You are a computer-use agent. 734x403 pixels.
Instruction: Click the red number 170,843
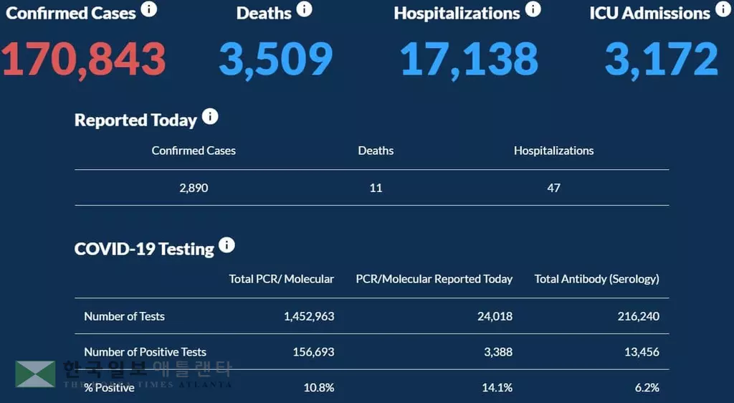tap(84, 60)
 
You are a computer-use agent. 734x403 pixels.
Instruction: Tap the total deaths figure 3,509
tap(275, 60)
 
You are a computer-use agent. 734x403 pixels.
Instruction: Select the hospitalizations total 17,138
tap(469, 60)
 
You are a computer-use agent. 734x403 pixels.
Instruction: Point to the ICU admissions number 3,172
tap(661, 60)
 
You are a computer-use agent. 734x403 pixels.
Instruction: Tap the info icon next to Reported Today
tap(210, 117)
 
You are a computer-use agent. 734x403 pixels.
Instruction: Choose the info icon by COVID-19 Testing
tap(227, 245)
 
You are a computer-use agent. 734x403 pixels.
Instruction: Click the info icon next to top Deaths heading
tap(305, 9)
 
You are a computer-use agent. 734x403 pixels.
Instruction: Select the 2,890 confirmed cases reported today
tap(194, 188)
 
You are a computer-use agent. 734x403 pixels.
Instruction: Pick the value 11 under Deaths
tap(376, 188)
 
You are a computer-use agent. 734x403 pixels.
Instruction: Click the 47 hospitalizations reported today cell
tap(553, 188)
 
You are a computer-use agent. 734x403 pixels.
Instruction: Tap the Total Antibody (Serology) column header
tap(596, 279)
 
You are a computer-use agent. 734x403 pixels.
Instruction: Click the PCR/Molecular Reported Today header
tap(434, 279)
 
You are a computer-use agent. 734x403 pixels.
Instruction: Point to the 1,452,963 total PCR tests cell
tap(309, 316)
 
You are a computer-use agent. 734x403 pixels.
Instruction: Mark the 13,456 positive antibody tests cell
tap(640, 352)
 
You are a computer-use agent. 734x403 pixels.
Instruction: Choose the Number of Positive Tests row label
tap(145, 352)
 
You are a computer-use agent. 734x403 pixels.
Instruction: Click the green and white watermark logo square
tap(35, 374)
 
